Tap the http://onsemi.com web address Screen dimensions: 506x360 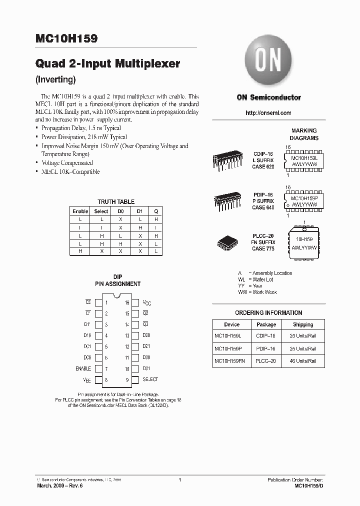268,113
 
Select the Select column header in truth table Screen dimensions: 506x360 101,211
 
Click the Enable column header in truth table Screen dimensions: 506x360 80,211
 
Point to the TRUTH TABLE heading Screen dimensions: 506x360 115,201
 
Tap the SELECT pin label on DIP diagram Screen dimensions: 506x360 150,379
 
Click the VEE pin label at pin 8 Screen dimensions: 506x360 86,380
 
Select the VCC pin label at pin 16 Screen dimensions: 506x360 146,303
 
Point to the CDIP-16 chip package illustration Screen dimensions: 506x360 229,160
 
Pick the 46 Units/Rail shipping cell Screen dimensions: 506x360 303,360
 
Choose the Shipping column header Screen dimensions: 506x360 303,324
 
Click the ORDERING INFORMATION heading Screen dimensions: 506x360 268,313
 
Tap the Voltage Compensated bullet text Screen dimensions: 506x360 67,163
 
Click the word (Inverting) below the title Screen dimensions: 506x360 55,79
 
